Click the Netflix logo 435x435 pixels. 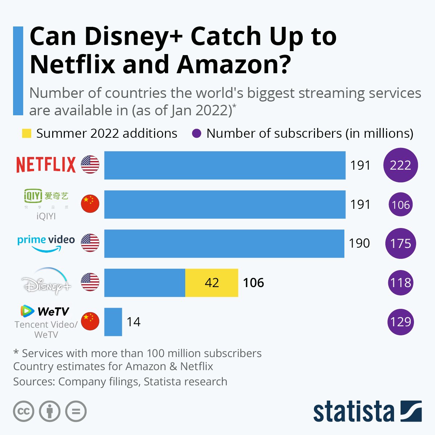tap(46, 165)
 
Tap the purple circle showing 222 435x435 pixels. tap(401, 165)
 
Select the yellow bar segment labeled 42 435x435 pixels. tap(212, 283)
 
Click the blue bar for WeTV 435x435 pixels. tap(113, 322)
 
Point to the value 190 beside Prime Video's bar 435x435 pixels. tap(359, 243)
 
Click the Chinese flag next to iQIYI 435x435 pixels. tap(90, 204)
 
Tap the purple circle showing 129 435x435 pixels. tap(401, 322)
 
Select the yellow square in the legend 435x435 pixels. tap(26, 133)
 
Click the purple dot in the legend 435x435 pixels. tap(196, 133)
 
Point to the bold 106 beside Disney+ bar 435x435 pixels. tap(253, 283)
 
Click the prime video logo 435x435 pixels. tap(46, 243)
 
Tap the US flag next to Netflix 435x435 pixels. tap(90, 165)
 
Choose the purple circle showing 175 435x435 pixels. tap(401, 243)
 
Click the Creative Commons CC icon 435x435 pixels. tap(24, 411)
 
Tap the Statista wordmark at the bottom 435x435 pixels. tap(353, 412)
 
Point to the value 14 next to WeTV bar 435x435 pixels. tap(133, 322)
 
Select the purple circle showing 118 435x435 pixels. tap(401, 283)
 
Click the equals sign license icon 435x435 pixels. tap(76, 411)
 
